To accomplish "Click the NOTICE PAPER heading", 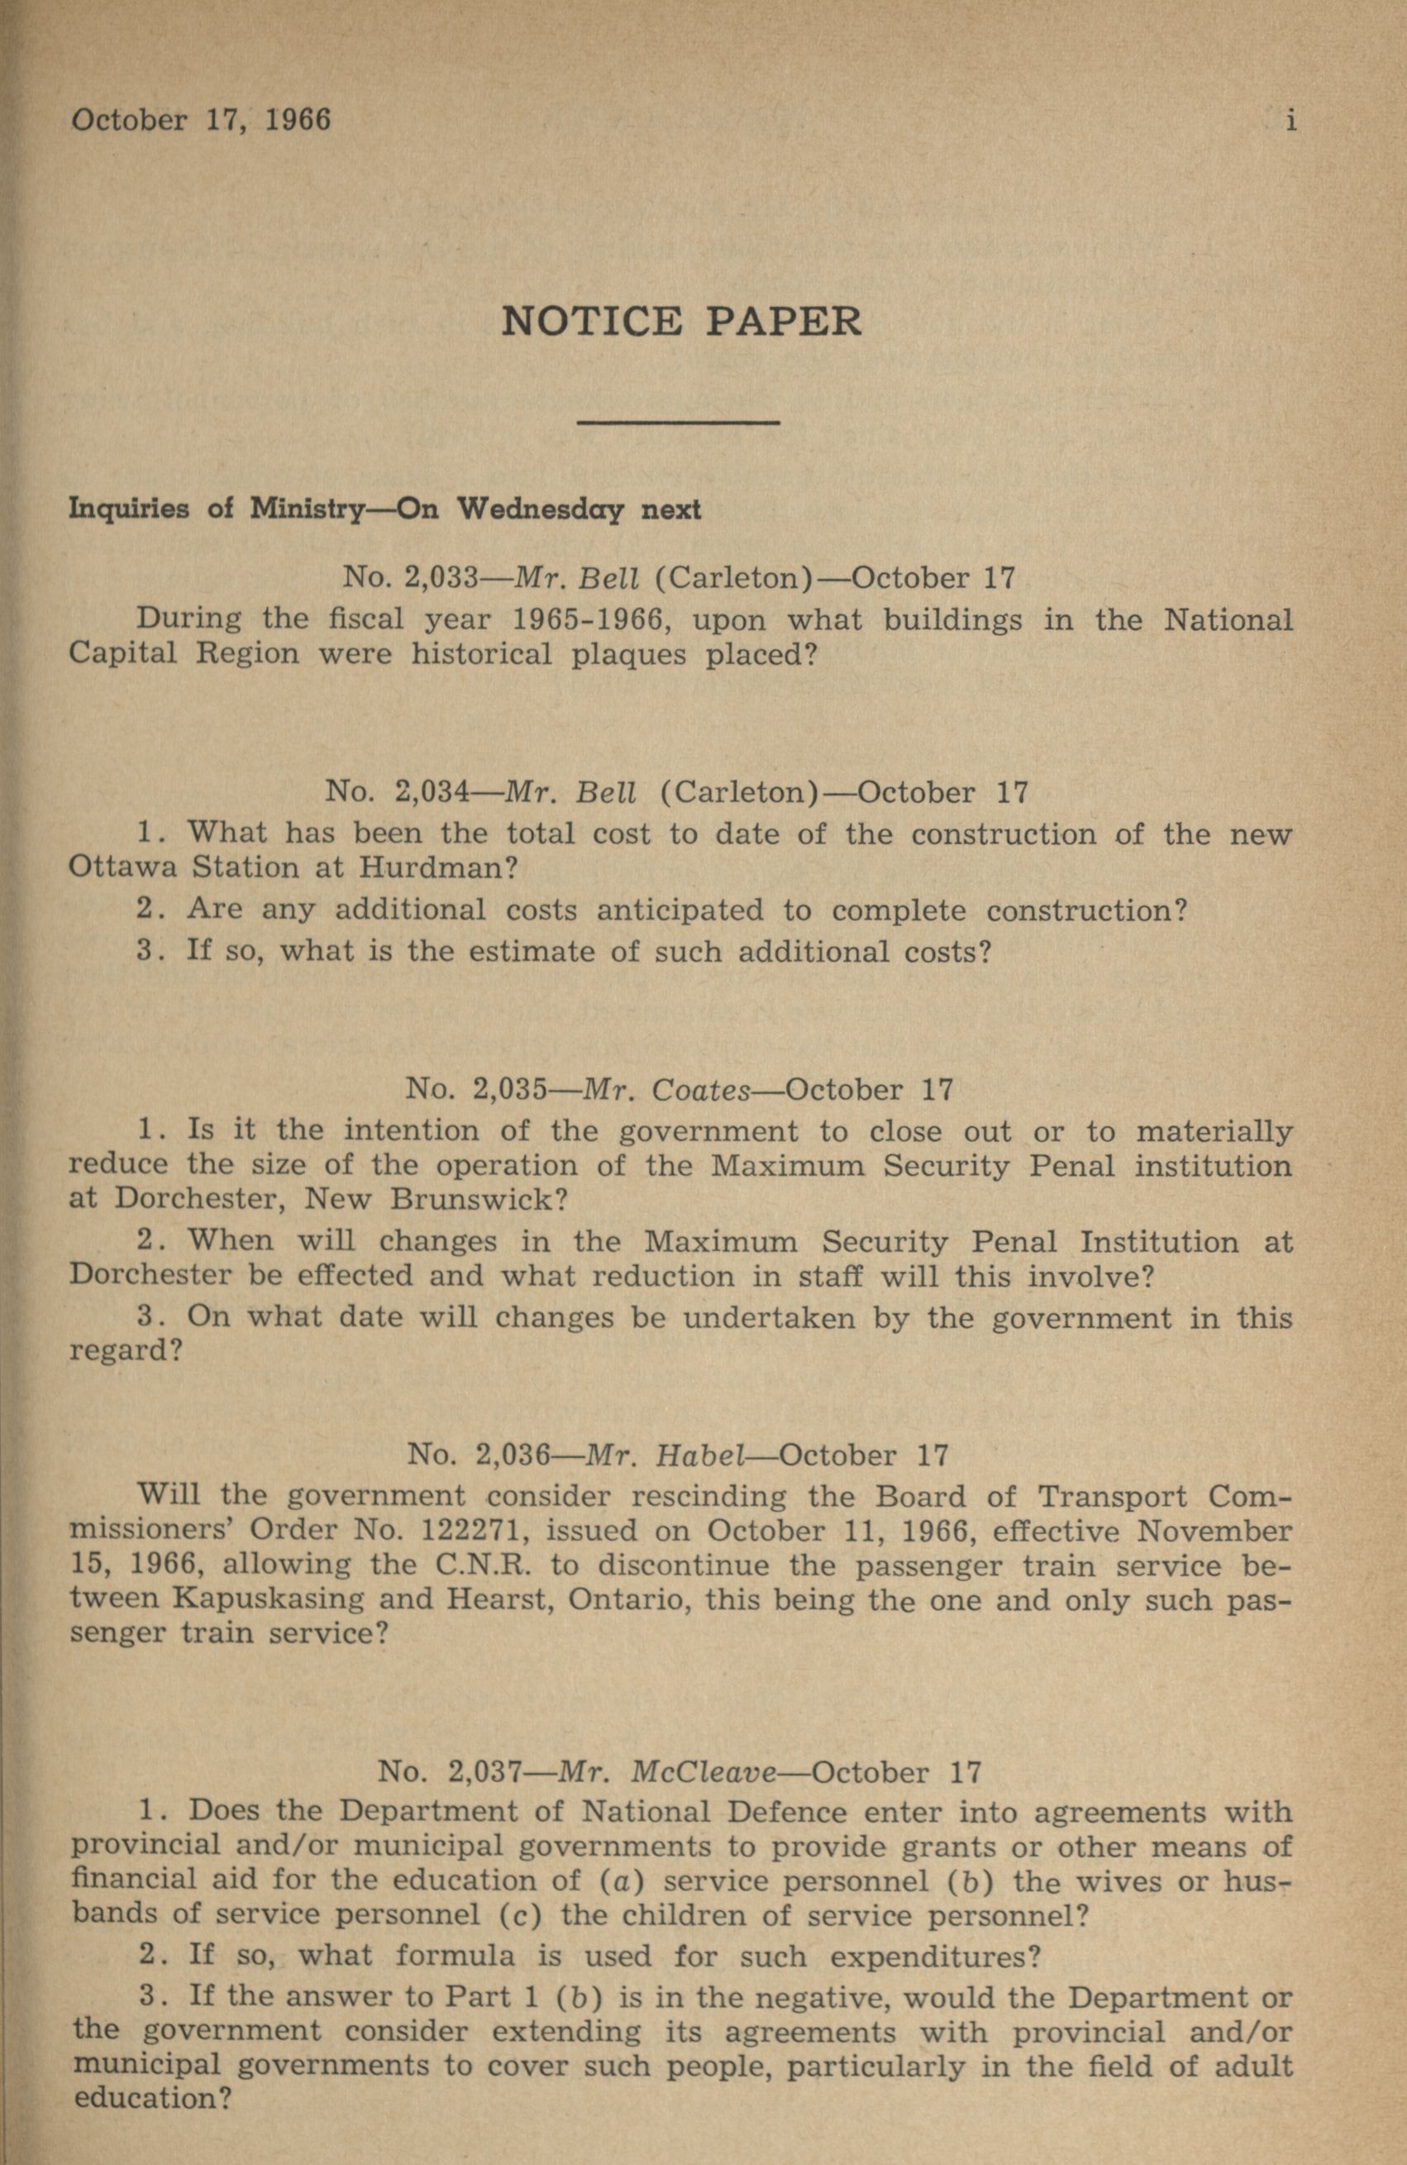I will [680, 322].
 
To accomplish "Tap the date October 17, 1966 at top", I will [201, 120].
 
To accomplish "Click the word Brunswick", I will [479, 1198].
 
